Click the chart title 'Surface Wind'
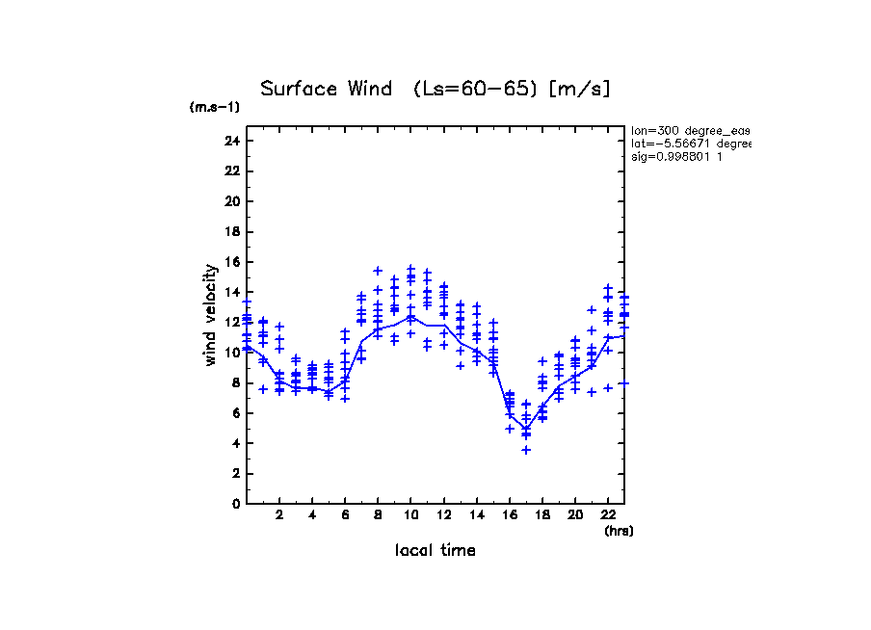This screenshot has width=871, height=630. [x=327, y=90]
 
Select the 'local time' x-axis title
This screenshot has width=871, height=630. [x=435, y=551]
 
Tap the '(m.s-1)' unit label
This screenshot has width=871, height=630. [x=214, y=108]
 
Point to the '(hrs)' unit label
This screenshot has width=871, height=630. [x=619, y=531]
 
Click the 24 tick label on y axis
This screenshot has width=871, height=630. [x=230, y=142]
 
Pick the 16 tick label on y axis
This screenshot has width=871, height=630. [x=230, y=262]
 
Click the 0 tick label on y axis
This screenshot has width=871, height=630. [x=234, y=504]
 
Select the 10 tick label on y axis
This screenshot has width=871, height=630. [x=230, y=353]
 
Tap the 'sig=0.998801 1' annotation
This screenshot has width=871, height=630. [x=677, y=156]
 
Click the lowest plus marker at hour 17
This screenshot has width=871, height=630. [x=526, y=450]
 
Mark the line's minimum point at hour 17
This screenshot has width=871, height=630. [x=526, y=429]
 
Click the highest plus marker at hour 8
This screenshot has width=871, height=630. [x=379, y=271]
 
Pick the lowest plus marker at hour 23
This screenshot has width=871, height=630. [x=624, y=383]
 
